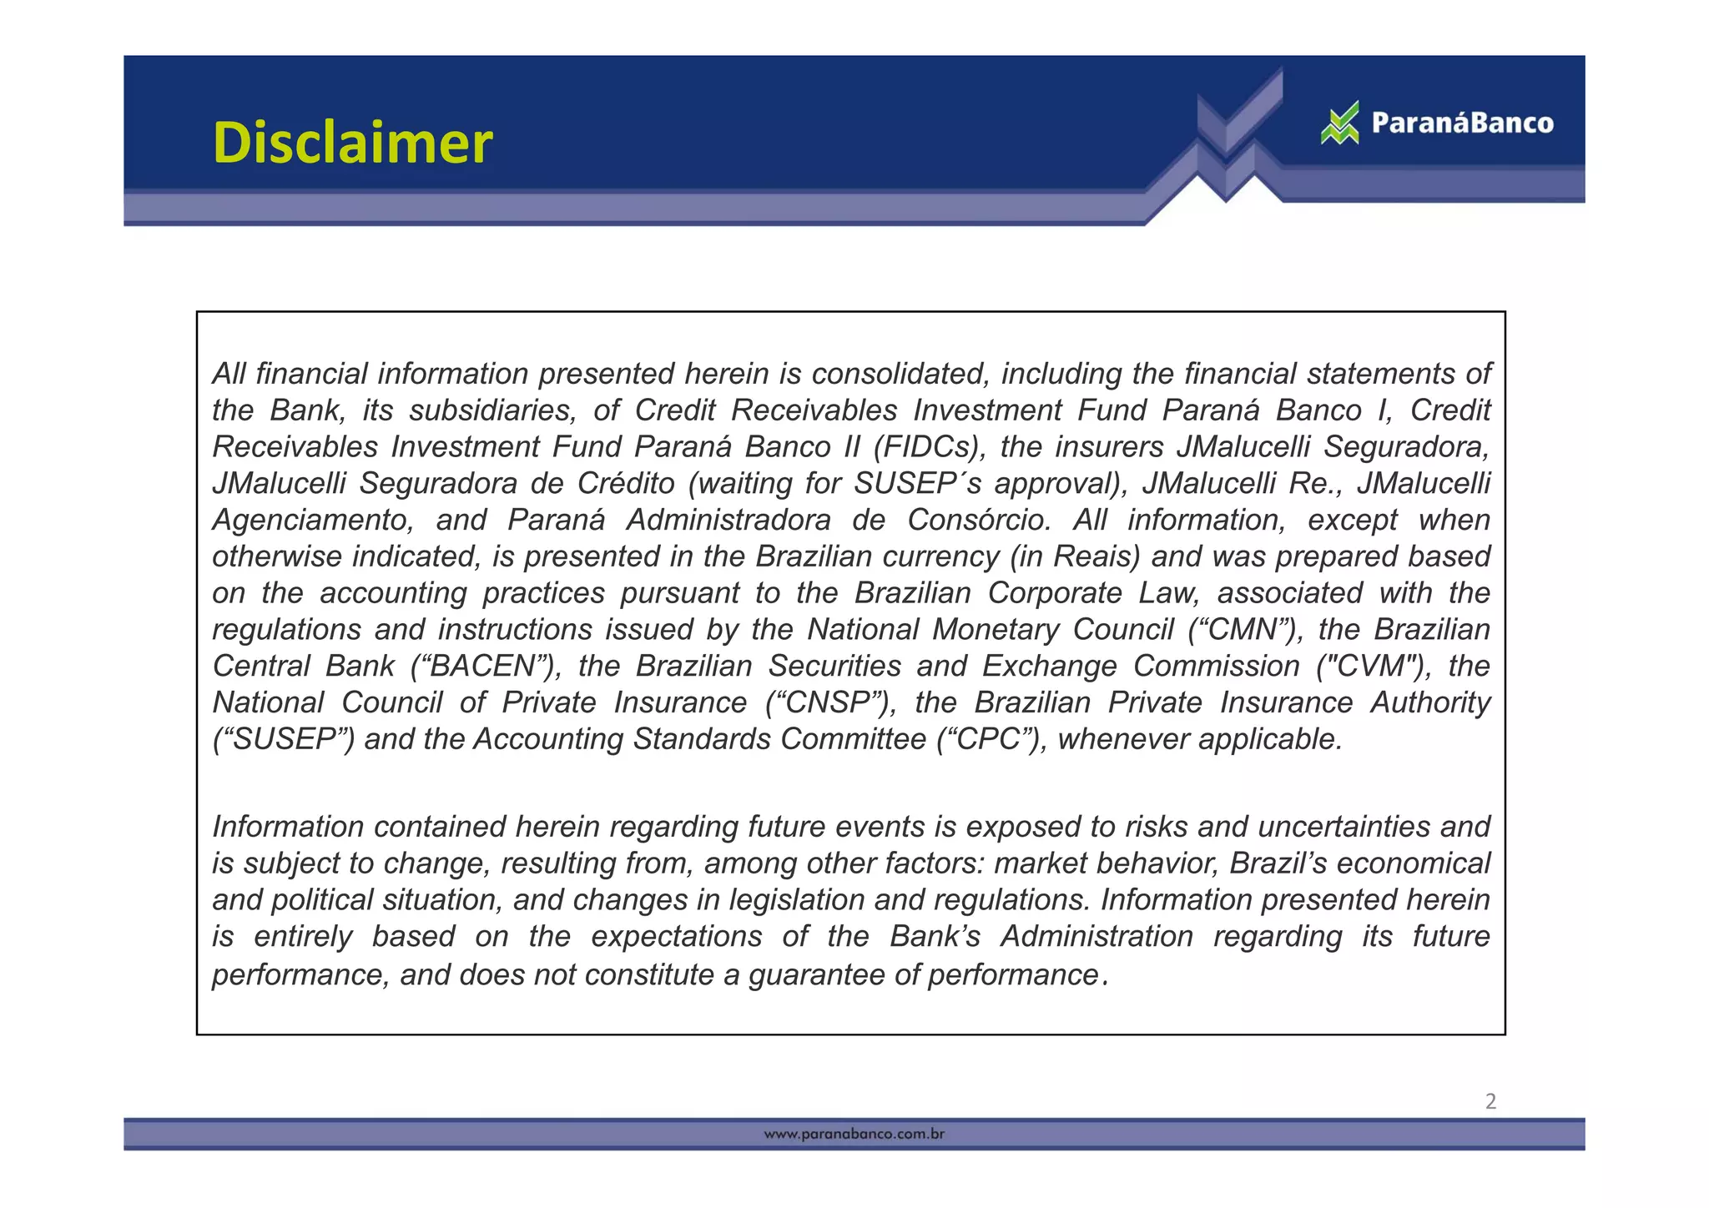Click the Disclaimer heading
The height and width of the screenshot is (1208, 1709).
[x=352, y=143]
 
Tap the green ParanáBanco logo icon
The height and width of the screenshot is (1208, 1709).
[x=1339, y=123]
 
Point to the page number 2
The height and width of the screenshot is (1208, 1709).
[x=1490, y=1101]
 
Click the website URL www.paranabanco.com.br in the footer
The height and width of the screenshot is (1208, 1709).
[x=854, y=1135]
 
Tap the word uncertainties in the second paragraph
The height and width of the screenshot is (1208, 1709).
[x=1344, y=827]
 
